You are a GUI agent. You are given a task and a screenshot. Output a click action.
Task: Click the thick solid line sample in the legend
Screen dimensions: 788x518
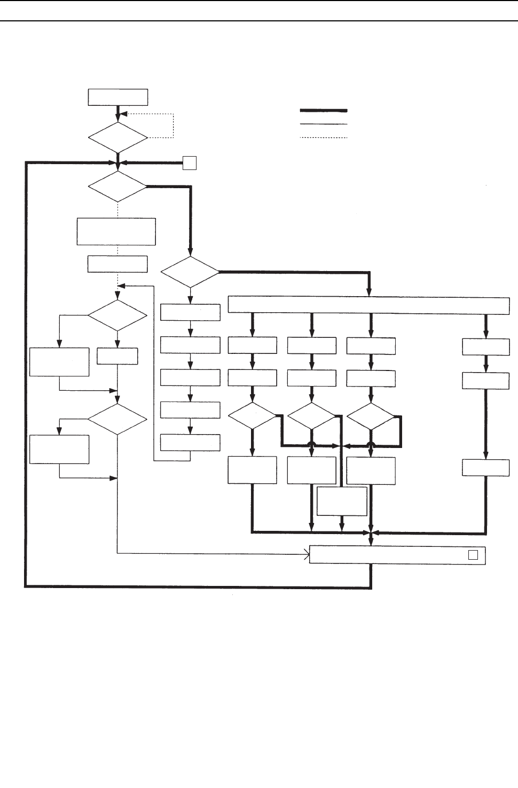pyautogui.click(x=324, y=111)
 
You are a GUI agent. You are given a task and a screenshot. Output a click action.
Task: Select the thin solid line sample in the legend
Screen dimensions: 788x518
pyautogui.click(x=324, y=125)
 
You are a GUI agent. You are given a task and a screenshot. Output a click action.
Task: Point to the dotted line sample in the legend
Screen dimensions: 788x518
pyautogui.click(x=324, y=138)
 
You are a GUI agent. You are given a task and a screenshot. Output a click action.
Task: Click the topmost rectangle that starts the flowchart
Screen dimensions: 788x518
pyautogui.click(x=117, y=98)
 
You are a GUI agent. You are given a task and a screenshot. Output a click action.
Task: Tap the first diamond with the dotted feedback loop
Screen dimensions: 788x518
pyautogui.click(x=117, y=138)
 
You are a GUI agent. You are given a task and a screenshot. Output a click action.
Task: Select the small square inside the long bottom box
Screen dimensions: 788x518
pyautogui.click(x=473, y=555)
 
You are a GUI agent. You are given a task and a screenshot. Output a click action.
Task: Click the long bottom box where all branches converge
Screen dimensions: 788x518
pyautogui.click(x=397, y=555)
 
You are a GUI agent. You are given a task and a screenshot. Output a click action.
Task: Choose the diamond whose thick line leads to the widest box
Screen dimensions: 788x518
pyautogui.click(x=190, y=272)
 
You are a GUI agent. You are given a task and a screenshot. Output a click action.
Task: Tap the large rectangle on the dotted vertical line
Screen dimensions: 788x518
pyautogui.click(x=116, y=231)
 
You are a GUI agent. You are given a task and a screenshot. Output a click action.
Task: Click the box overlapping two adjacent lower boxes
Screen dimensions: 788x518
pyautogui.click(x=342, y=501)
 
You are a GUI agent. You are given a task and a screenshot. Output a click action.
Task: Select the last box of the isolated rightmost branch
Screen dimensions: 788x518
pyautogui.click(x=485, y=468)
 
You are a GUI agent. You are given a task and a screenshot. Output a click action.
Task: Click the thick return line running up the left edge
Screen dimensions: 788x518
pyautogui.click(x=25, y=374)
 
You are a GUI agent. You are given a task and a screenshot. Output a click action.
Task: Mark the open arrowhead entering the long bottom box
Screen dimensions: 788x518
pyautogui.click(x=307, y=555)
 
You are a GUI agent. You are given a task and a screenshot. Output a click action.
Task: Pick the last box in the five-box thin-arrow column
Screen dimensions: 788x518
pyautogui.click(x=190, y=443)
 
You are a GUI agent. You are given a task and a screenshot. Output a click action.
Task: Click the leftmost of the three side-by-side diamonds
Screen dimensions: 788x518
pyautogui.click(x=252, y=416)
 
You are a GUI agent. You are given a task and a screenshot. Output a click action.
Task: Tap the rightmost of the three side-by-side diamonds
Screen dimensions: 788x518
pyautogui.click(x=371, y=416)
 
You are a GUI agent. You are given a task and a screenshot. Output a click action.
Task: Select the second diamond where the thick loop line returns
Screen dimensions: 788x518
pyautogui.click(x=117, y=187)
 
